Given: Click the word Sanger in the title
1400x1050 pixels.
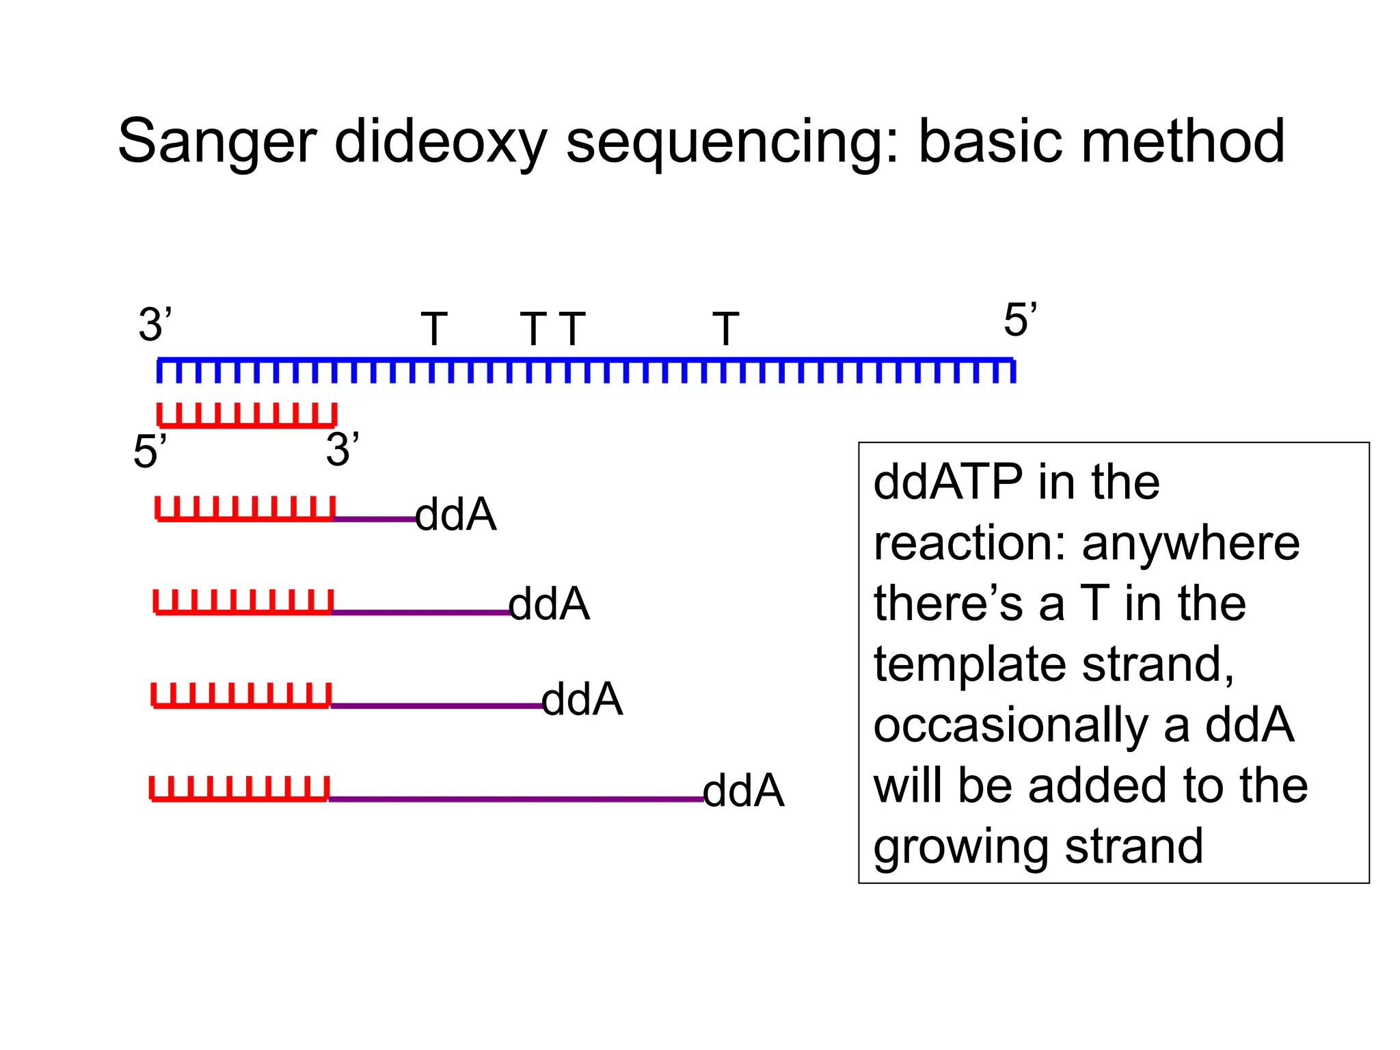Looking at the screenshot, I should (217, 142).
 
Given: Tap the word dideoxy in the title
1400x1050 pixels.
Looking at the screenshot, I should (440, 142).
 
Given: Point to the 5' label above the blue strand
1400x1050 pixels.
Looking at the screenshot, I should (1019, 320).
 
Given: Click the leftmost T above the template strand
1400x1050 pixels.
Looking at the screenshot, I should (434, 329).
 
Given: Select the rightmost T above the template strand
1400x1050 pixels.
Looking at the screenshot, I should (725, 329).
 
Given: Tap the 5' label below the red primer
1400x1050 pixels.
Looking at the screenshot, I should (150, 452).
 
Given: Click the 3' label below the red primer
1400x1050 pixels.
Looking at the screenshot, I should (342, 450).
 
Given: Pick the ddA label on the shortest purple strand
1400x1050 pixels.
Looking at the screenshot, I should (455, 515).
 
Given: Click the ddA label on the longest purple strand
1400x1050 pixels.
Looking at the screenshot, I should (743, 791).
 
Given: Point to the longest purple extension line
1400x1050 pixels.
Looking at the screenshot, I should (516, 798).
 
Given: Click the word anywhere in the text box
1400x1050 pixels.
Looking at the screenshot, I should (1190, 543).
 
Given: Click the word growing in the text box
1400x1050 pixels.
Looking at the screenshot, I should (960, 847).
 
